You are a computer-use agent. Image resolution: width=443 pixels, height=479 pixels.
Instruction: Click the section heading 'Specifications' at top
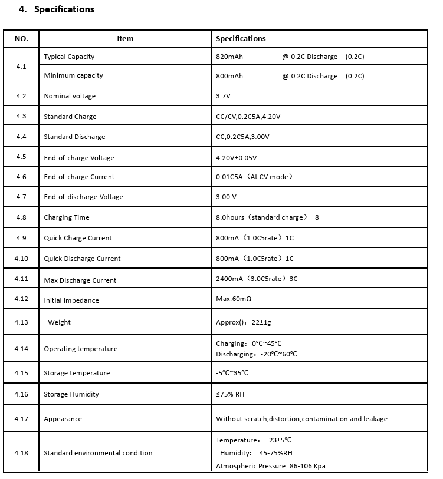tap(64, 9)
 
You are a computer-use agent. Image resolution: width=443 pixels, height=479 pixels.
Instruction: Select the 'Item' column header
tap(125, 38)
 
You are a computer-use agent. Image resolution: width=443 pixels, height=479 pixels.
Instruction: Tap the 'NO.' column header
tap(21, 38)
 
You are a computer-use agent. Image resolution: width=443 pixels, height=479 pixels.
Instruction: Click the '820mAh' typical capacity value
tap(229, 57)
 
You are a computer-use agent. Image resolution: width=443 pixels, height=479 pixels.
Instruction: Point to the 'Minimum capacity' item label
tap(73, 75)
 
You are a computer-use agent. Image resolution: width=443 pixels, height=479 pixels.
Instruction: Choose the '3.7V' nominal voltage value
tap(224, 96)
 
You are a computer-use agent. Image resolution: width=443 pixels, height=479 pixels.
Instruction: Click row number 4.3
tap(21, 116)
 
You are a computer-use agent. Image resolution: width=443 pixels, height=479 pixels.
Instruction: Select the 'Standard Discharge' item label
tap(74, 137)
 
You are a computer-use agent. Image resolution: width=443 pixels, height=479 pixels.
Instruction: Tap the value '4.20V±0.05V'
tap(237, 158)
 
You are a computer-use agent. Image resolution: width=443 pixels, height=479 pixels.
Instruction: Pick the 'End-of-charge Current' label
tap(79, 177)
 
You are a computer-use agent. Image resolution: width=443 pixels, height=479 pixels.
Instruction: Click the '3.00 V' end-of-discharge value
tap(227, 197)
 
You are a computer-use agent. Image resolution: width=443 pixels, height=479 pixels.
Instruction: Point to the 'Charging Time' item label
tap(67, 217)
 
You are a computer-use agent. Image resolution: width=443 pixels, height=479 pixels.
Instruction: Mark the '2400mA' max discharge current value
tap(229, 279)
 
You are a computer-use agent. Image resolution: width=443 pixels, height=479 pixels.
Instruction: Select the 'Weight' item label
tap(59, 322)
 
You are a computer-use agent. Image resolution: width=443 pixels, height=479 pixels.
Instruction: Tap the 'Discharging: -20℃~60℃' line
tap(257, 354)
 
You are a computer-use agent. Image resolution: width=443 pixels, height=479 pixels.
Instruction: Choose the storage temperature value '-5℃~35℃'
tap(232, 373)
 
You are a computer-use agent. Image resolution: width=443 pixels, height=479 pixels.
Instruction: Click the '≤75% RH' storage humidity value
tap(230, 394)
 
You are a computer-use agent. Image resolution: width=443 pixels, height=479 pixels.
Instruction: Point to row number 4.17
tap(21, 418)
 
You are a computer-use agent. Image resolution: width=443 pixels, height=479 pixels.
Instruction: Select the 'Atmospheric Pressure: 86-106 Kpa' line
tap(270, 466)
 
